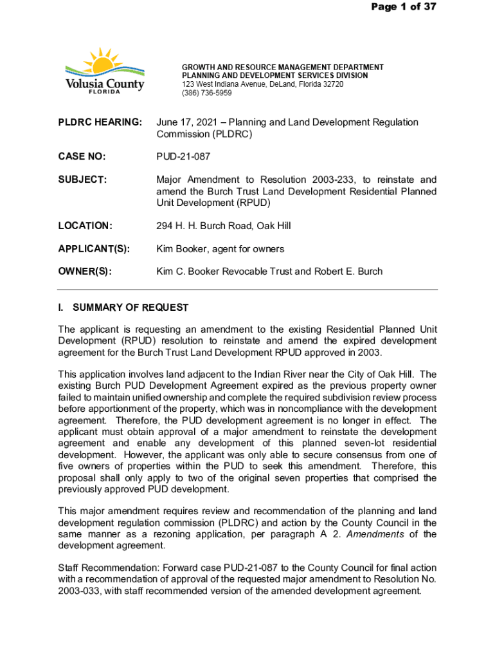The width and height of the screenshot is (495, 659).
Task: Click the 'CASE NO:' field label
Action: pyautogui.click(x=82, y=156)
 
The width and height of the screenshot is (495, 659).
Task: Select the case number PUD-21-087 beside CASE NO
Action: pyautogui.click(x=183, y=156)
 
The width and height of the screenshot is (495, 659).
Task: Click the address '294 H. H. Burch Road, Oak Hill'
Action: pyautogui.click(x=223, y=226)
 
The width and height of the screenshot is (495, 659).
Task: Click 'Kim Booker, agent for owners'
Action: pyautogui.click(x=220, y=248)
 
